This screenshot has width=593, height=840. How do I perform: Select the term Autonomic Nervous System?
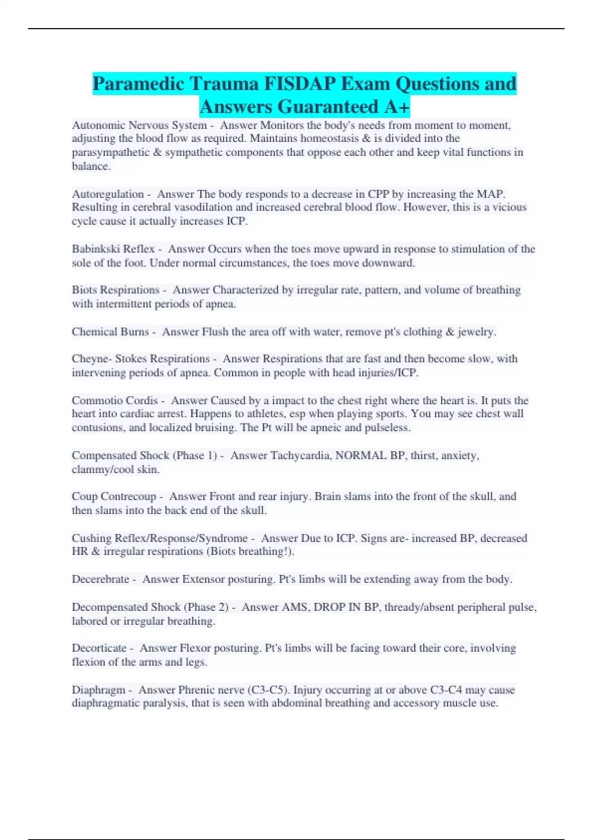139,126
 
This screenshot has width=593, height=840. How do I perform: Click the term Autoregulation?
108,194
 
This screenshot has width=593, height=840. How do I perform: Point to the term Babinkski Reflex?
113,249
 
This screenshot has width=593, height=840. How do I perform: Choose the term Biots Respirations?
116,290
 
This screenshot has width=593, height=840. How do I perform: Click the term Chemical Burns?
110,332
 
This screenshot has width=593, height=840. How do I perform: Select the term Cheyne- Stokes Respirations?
141,359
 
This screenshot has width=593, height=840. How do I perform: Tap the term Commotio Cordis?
115,400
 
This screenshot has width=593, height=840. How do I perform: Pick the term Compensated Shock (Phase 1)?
145,455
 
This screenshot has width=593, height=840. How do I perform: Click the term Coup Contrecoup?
114,496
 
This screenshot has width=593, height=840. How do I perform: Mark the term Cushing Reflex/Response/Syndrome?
160,538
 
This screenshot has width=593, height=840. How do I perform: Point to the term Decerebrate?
100,579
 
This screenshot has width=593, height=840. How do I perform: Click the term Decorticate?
99,648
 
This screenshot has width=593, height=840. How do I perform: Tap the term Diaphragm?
98,690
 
